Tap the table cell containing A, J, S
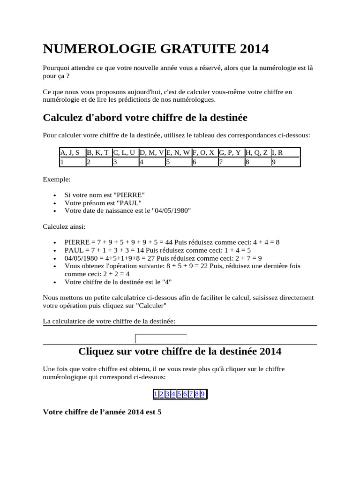pyautogui.click(x=72, y=152)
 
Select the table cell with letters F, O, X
pyautogui.click(x=204, y=152)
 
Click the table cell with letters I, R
pyautogui.click(x=285, y=152)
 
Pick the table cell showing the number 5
pyautogui.click(x=178, y=162)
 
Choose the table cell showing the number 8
pyautogui.click(x=257, y=162)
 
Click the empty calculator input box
pyautogui.click(x=161, y=338)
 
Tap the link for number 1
pyautogui.click(x=156, y=394)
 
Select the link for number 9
pyautogui.click(x=202, y=394)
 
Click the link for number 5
pyautogui.click(x=179, y=394)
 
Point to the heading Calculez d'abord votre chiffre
pyautogui.click(x=145, y=117)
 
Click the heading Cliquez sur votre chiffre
pyautogui.click(x=180, y=351)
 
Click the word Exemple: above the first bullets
pyautogui.click(x=57, y=179)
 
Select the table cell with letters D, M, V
pyautogui.click(x=151, y=152)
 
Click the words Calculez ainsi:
pyautogui.click(x=64, y=226)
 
